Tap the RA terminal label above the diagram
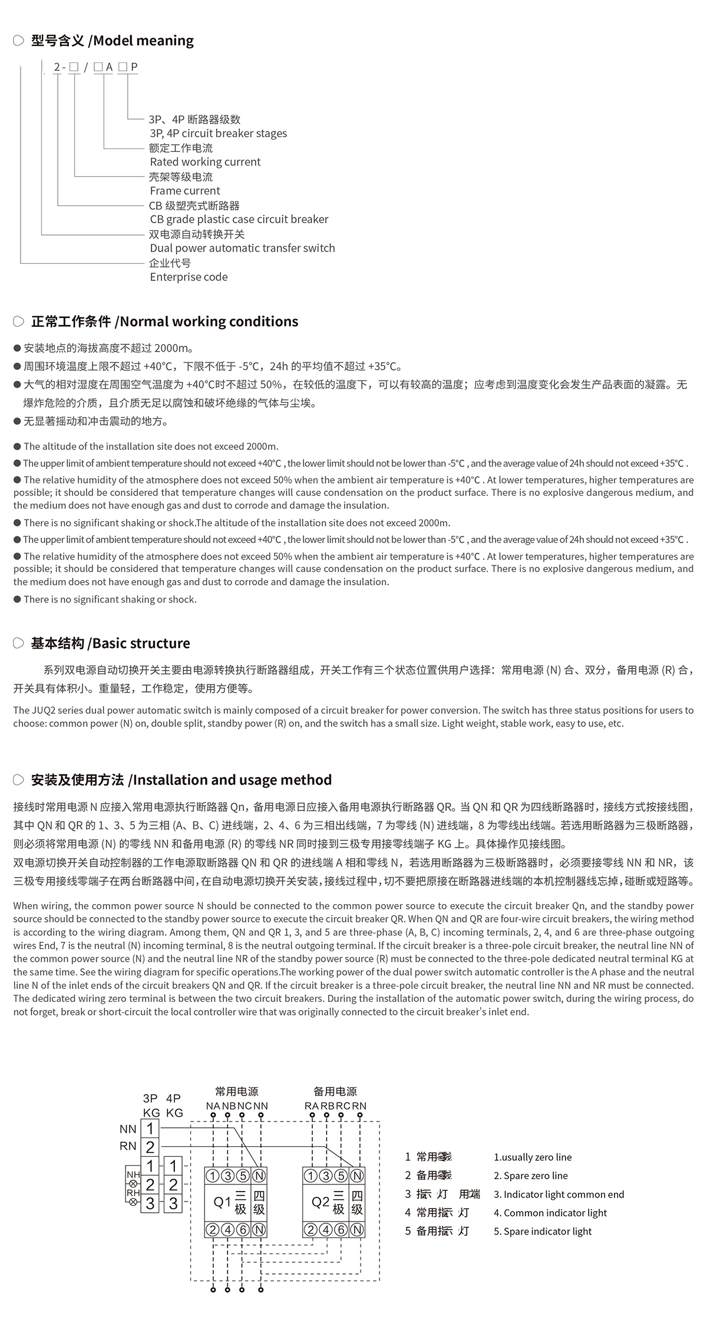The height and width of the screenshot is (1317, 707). tap(312, 1106)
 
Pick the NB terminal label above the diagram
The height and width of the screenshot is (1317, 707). tap(229, 1106)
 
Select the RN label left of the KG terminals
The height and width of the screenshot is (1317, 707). tap(128, 1146)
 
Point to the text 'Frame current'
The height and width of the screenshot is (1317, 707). tap(185, 191)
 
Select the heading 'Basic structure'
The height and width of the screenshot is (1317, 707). tap(141, 643)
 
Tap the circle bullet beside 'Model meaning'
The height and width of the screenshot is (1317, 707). tap(18, 41)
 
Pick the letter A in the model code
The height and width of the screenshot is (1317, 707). tap(109, 67)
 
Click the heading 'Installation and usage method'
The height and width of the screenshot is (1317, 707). tap(233, 780)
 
